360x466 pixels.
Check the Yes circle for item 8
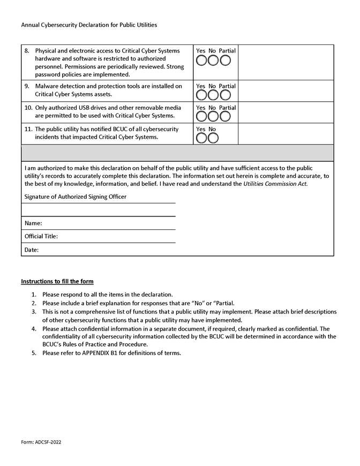click(202, 60)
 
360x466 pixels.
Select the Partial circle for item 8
click(225, 60)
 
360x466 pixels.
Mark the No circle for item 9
click(213, 95)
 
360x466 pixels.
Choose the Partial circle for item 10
click(225, 117)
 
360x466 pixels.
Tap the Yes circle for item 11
click(202, 138)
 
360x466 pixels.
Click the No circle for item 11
click(213, 138)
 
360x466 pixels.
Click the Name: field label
click(33, 223)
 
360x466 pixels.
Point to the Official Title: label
click(41, 236)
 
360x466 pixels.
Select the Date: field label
click(32, 250)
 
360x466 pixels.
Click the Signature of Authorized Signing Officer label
click(76, 197)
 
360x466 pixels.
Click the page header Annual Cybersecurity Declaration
click(89, 25)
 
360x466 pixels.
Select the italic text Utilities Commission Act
click(275, 184)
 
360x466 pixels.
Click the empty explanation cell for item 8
click(286, 62)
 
